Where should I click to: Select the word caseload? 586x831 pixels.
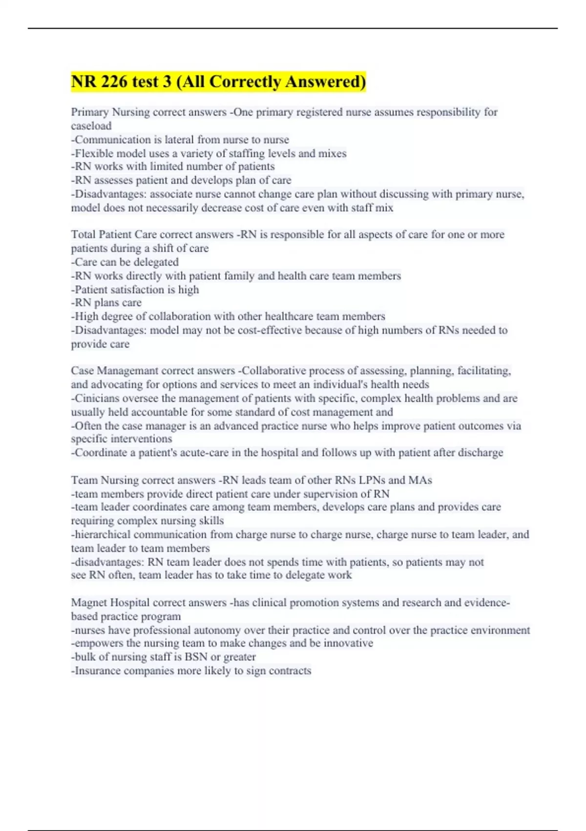pyautogui.click(x=91, y=126)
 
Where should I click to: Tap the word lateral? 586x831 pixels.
pyautogui.click(x=186, y=140)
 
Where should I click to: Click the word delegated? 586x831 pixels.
pyautogui.click(x=155, y=262)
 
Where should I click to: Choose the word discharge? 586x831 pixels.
pyautogui.click(x=481, y=453)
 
